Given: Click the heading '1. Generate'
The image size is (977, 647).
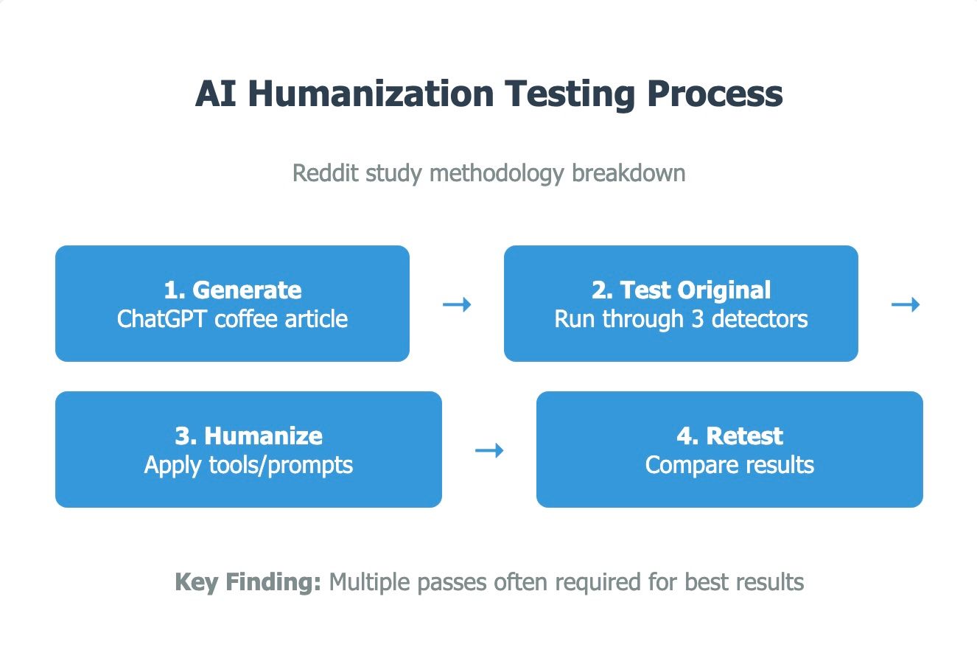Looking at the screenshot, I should click(232, 290).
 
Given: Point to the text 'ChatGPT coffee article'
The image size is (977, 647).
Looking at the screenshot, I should click(232, 318).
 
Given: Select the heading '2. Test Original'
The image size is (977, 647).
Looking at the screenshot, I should click(681, 290).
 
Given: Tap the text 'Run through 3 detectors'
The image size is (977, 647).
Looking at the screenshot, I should click(681, 318).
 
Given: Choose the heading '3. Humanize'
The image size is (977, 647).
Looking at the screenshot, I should click(248, 436).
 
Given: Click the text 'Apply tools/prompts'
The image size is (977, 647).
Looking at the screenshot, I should click(248, 465).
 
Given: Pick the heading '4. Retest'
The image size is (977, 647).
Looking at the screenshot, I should click(729, 436).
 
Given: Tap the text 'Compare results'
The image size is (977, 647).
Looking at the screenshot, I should click(729, 465).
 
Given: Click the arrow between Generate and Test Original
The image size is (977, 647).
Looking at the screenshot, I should click(457, 304).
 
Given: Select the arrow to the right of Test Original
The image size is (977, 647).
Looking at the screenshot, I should click(906, 304).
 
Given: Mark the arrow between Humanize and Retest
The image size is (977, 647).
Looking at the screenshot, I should click(489, 450).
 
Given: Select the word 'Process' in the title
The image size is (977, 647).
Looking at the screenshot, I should click(715, 95).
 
